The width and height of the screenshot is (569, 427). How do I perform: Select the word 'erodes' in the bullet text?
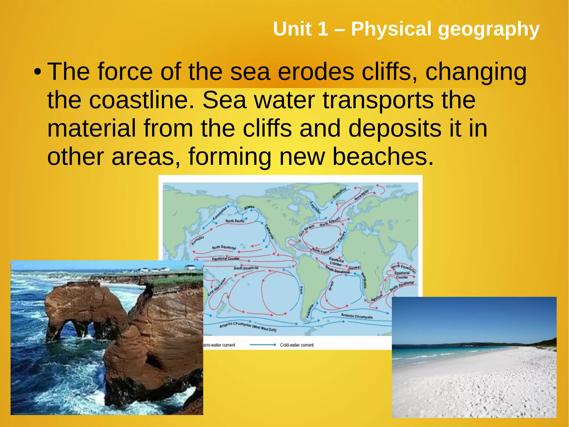coord(316,72)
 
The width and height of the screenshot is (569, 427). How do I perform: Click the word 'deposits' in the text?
coord(395,128)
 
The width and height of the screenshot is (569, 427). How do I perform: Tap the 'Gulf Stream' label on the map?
coord(306,231)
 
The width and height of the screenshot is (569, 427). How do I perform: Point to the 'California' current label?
coord(269,231)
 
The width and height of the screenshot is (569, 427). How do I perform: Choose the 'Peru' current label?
coord(301,290)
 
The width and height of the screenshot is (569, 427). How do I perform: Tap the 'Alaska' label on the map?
coord(249,207)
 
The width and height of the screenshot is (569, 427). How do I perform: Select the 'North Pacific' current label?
coord(235,221)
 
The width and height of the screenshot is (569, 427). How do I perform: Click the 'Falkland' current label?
coord(310,311)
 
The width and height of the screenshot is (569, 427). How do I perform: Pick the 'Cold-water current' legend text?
coord(296,345)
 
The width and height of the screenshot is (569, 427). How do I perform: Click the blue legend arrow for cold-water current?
coord(263,345)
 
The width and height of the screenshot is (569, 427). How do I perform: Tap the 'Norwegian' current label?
coord(361,195)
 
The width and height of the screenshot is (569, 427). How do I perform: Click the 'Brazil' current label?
coord(331,286)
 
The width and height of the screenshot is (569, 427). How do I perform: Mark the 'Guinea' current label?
coord(354,268)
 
